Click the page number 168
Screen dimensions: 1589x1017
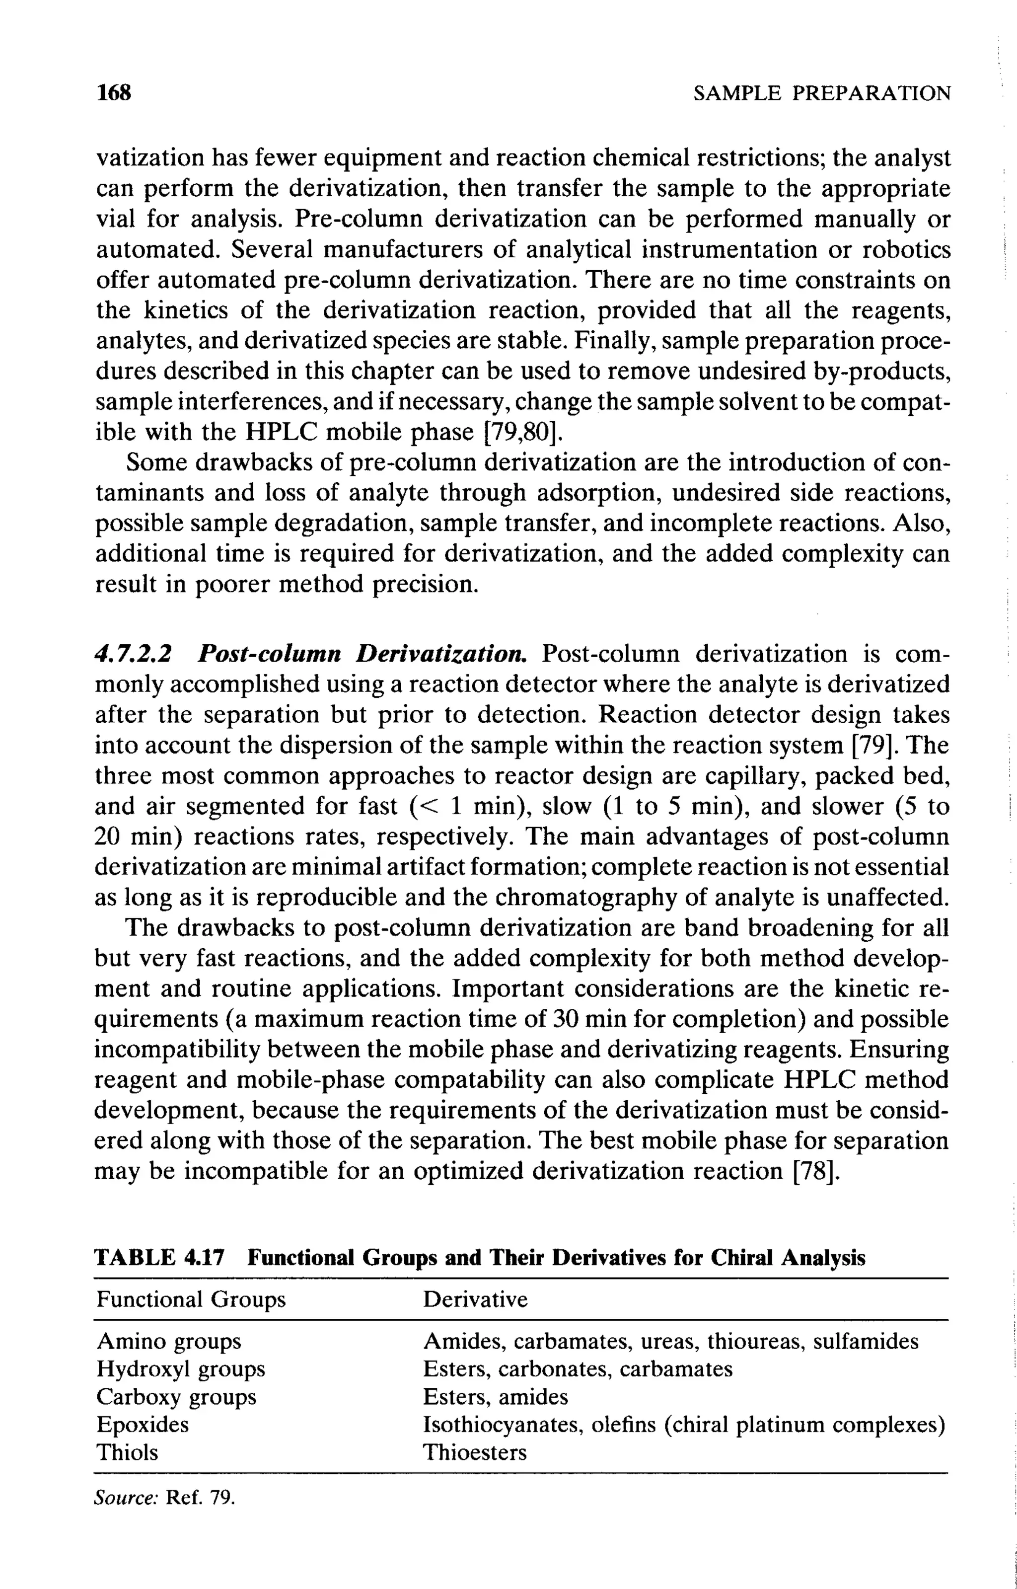point(114,92)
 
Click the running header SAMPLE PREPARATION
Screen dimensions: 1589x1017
point(822,93)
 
